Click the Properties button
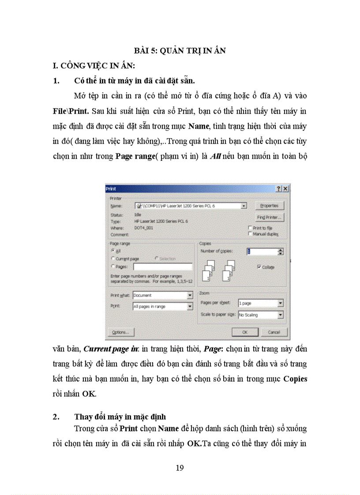coord(269,206)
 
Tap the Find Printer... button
coord(269,217)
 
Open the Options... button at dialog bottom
coord(120,332)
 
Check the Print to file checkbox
coord(251,228)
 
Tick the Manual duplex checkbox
coord(251,234)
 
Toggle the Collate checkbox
coord(259,267)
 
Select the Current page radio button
coord(113,259)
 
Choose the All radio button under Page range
coord(113,250)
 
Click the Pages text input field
coord(162,267)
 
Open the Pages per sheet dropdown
coord(260,303)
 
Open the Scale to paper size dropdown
coord(260,315)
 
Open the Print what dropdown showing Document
coord(162,295)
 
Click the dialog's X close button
coord(285,189)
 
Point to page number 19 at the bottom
coord(180,468)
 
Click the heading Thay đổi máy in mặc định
coord(120,417)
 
